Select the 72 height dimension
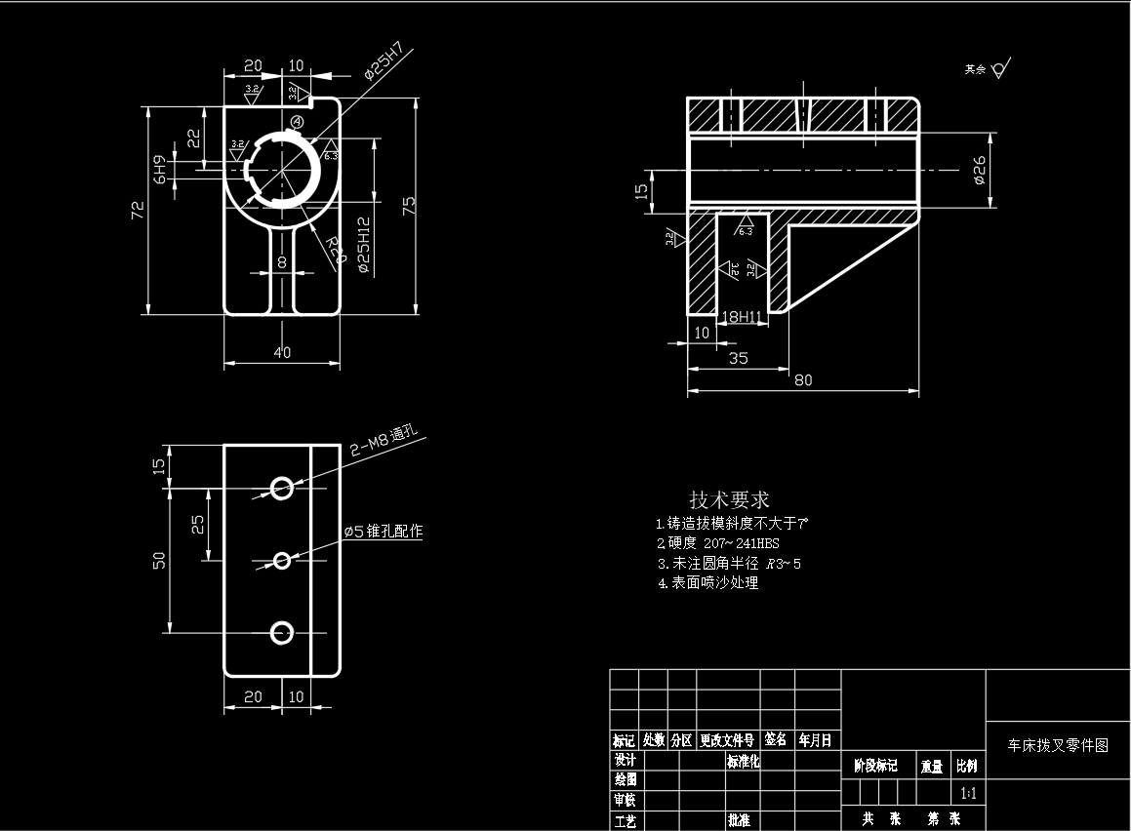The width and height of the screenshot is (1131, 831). point(139,208)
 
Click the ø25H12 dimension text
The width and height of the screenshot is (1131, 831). point(364,244)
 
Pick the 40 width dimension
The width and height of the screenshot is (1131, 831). point(282,353)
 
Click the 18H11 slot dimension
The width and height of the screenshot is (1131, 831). point(740,316)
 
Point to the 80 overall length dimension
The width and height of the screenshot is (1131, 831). point(802,380)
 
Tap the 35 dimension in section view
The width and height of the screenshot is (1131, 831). point(739,358)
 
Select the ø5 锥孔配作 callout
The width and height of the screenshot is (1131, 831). point(383,532)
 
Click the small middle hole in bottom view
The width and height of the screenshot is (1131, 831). point(283,560)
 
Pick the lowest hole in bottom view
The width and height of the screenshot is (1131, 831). point(282,633)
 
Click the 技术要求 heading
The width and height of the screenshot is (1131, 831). point(730,500)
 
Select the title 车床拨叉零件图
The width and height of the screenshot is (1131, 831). point(1058,745)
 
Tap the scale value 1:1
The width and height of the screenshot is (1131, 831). point(969,793)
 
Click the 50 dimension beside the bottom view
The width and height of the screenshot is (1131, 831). point(160,560)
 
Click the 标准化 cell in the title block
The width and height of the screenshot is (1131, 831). point(743,761)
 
